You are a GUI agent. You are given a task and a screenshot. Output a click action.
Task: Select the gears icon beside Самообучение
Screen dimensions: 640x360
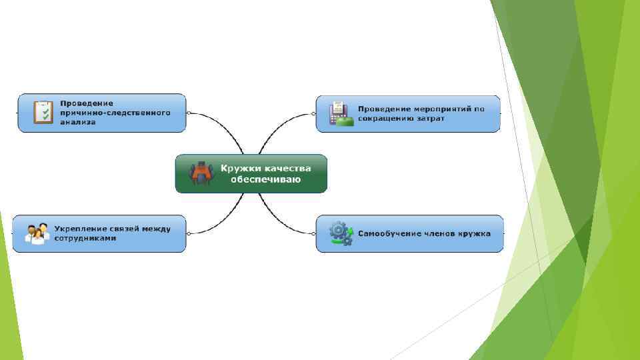pyautogui.click(x=341, y=233)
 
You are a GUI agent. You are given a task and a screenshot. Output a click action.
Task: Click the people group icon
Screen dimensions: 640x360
pyautogui.click(x=37, y=233)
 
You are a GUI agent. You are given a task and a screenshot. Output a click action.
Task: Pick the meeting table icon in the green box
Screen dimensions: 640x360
pyautogui.click(x=201, y=173)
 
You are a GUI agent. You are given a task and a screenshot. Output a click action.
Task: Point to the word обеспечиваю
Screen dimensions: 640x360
pyautogui.click(x=266, y=179)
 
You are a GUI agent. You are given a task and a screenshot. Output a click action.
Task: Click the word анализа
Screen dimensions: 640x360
pyautogui.click(x=78, y=122)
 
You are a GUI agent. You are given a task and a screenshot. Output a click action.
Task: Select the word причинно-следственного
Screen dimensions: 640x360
pyautogui.click(x=115, y=113)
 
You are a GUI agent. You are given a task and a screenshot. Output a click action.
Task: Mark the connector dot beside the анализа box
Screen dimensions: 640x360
pyautogui.click(x=189, y=113)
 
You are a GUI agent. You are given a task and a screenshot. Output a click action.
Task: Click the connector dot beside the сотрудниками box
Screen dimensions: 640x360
pyautogui.click(x=189, y=233)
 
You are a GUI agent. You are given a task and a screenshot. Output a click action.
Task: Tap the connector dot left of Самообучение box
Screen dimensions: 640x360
pyautogui.click(x=313, y=233)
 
